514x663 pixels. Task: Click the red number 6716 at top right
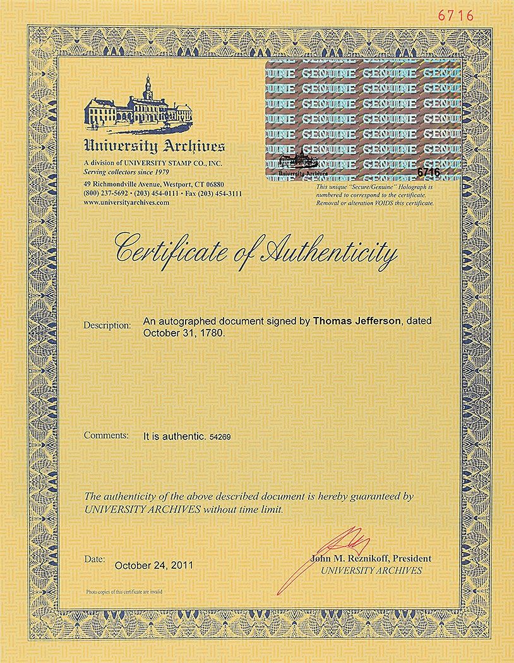click(x=473, y=16)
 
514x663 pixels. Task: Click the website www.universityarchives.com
click(x=126, y=202)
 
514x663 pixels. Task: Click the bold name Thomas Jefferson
click(x=357, y=321)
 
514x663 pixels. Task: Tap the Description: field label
click(x=107, y=325)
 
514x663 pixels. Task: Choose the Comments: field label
click(x=106, y=435)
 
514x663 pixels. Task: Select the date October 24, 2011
click(x=154, y=565)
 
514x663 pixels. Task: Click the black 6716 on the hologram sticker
click(x=428, y=171)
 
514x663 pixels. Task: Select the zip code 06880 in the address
click(x=220, y=183)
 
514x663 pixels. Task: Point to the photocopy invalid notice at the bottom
click(x=124, y=592)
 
